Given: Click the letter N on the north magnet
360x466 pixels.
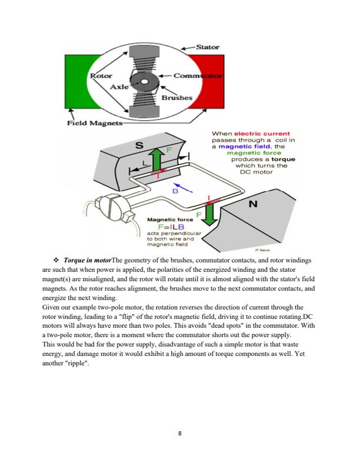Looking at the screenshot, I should [x=254, y=205].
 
